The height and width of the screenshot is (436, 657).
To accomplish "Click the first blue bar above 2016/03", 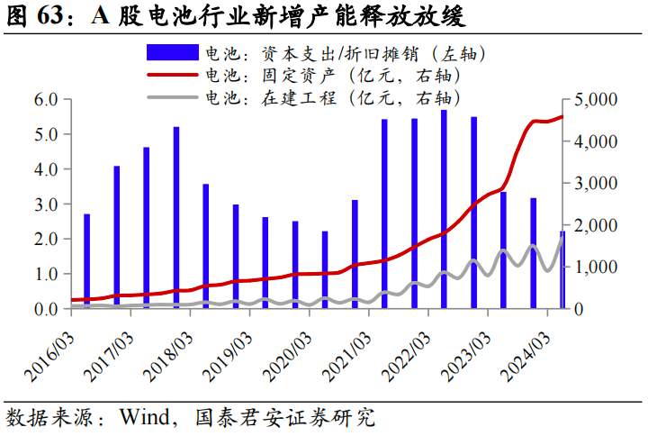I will point(86,261).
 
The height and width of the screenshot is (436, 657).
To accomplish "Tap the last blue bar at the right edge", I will point(562,270).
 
